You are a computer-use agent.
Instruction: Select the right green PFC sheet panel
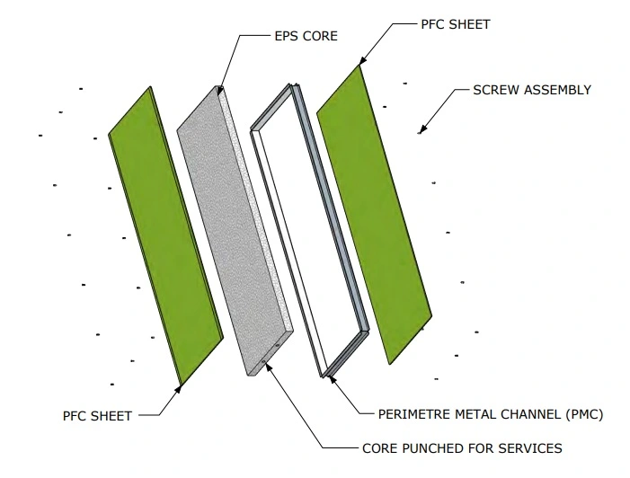[x=375, y=216]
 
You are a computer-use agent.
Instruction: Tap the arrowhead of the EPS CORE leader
[x=220, y=91]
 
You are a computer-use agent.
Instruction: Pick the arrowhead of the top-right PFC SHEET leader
[x=360, y=66]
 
